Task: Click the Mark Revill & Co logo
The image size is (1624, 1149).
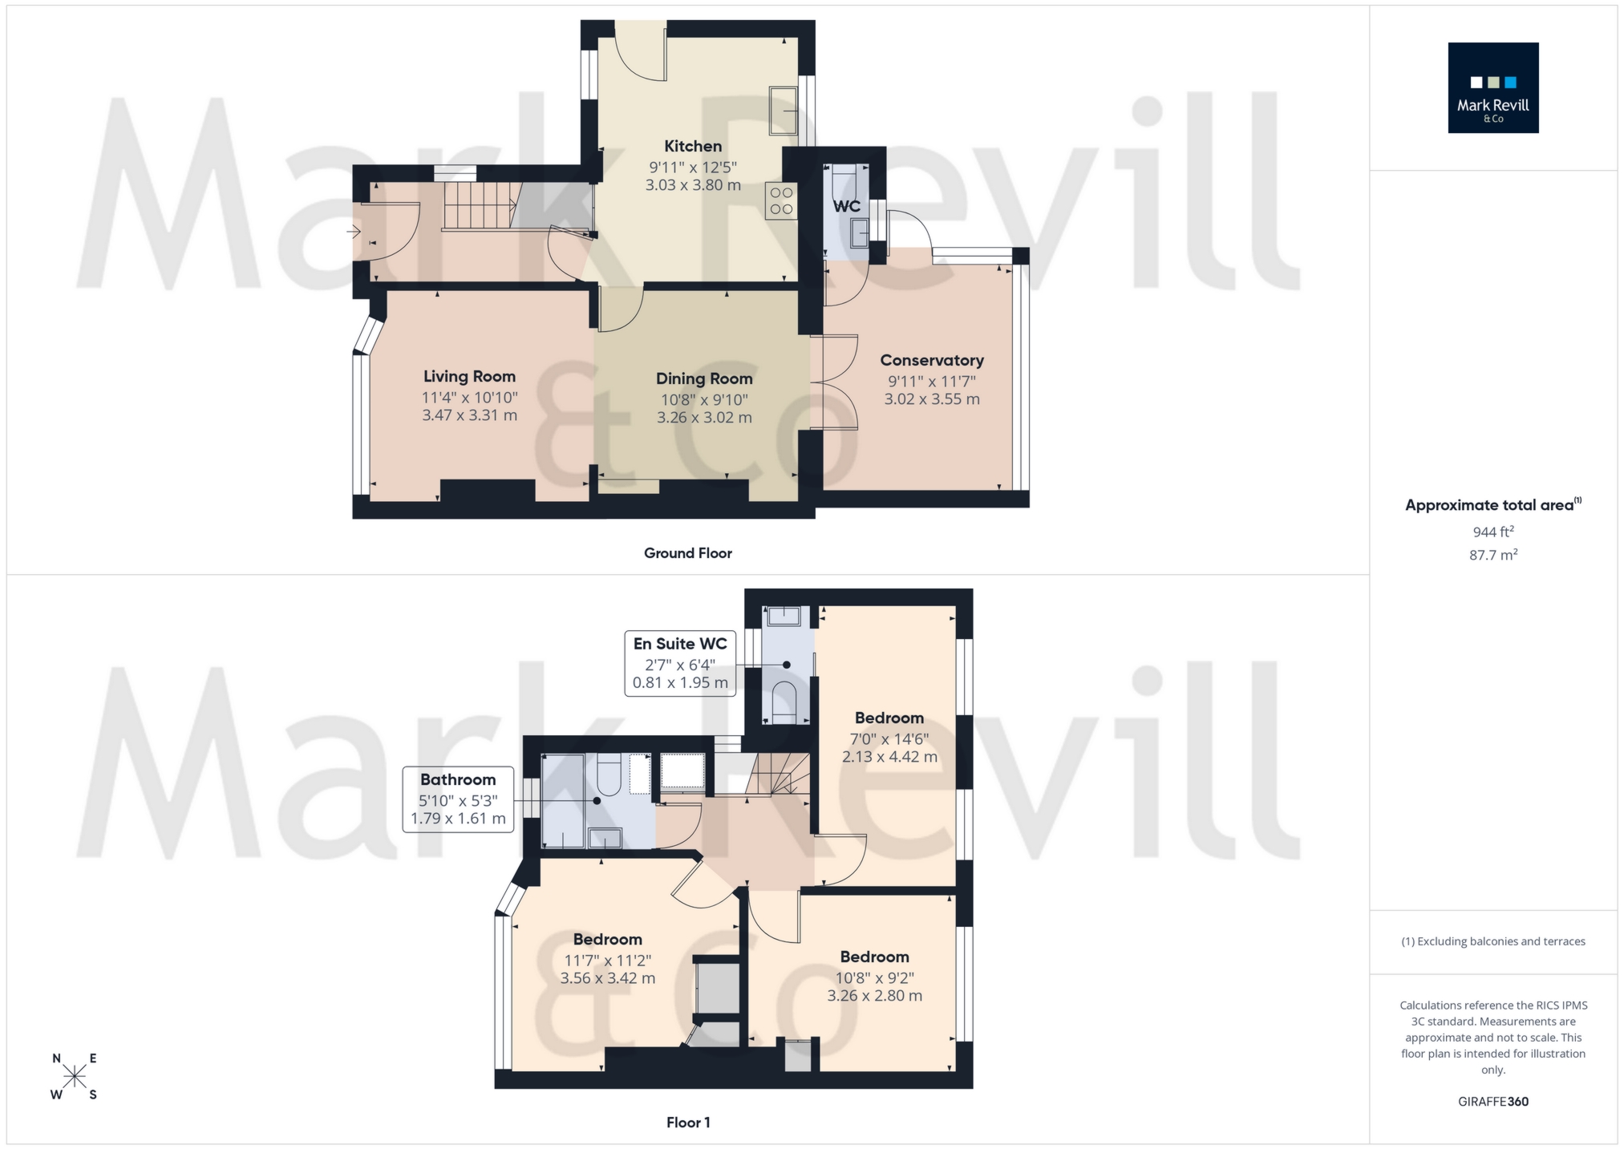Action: click(x=1492, y=87)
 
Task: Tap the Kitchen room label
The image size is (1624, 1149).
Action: click(x=693, y=146)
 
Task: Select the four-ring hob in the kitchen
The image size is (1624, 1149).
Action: click(x=781, y=201)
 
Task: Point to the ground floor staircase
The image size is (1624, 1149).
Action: click(x=479, y=205)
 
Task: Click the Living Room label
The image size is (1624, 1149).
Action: click(x=469, y=376)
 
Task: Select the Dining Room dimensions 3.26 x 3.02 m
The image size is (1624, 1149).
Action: click(x=704, y=418)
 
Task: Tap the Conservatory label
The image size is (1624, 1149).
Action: click(x=931, y=360)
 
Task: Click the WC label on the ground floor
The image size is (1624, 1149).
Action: click(x=846, y=206)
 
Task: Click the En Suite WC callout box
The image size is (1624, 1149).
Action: click(x=680, y=663)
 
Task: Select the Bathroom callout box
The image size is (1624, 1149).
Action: click(x=458, y=799)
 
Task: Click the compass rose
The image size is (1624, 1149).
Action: click(x=75, y=1076)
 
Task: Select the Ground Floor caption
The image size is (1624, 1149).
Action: click(x=687, y=553)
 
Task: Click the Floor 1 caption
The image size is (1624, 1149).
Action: click(x=687, y=1123)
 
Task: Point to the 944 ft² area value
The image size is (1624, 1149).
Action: click(x=1492, y=531)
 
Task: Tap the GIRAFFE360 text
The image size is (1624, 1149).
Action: click(x=1492, y=1101)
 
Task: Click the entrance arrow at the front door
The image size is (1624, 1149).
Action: click(x=353, y=232)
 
